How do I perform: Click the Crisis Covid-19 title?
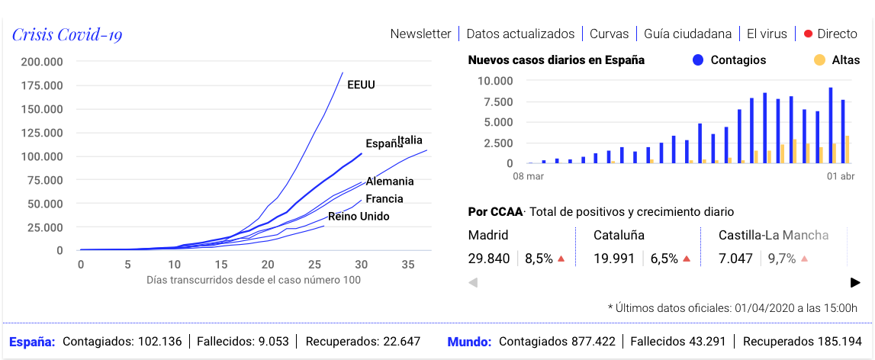[67, 34]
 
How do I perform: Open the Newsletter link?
[420, 34]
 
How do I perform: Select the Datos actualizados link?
[520, 34]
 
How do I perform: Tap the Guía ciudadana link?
[687, 34]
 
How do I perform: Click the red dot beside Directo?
[808, 34]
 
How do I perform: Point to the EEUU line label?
[361, 85]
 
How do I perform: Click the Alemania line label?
[390, 182]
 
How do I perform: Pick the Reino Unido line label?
[359, 217]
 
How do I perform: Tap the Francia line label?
[384, 199]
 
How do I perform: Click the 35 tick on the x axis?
[408, 264]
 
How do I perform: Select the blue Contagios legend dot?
[697, 59]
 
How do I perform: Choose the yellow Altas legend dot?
[819, 59]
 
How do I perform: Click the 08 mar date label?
[528, 177]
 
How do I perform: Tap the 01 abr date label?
[841, 177]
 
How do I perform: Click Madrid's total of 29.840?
[489, 259]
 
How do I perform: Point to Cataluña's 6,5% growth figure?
[664, 259]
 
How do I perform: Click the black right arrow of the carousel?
[855, 282]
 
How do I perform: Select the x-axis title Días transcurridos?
[253, 280]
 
